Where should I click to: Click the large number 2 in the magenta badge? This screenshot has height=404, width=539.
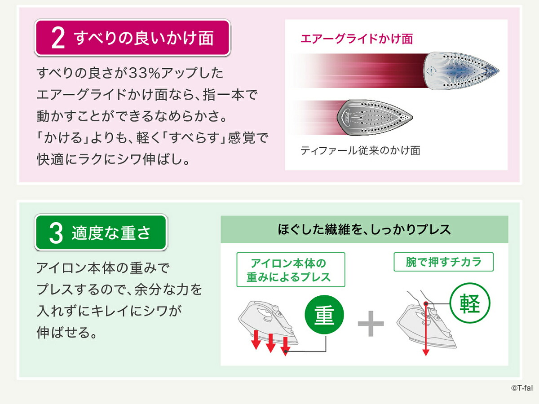(x=58, y=38)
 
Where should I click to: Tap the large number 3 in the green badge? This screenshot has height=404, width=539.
(x=56, y=233)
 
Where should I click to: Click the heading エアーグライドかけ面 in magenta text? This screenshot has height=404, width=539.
(x=357, y=39)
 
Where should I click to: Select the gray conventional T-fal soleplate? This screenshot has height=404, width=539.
(x=375, y=118)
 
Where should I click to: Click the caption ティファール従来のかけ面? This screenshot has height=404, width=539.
(x=360, y=150)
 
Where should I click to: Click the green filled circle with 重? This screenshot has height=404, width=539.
(x=324, y=315)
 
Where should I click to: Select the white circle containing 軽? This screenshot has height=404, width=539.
(x=470, y=303)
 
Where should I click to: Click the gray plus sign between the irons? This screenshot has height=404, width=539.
(x=371, y=323)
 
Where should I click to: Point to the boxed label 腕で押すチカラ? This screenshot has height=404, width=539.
(x=443, y=262)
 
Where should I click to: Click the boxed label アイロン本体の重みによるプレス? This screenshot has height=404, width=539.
(x=291, y=270)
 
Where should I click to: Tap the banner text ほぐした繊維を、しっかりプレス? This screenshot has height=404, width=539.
(x=364, y=229)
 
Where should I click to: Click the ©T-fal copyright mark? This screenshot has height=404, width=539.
(x=522, y=388)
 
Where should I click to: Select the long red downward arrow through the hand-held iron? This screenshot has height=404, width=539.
(x=426, y=329)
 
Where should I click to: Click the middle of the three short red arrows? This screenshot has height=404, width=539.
(x=270, y=343)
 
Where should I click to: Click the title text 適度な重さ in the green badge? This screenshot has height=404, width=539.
(x=111, y=233)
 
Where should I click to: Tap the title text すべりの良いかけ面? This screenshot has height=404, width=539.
(x=144, y=38)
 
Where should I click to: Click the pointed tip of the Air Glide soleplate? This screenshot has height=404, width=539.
(x=499, y=71)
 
